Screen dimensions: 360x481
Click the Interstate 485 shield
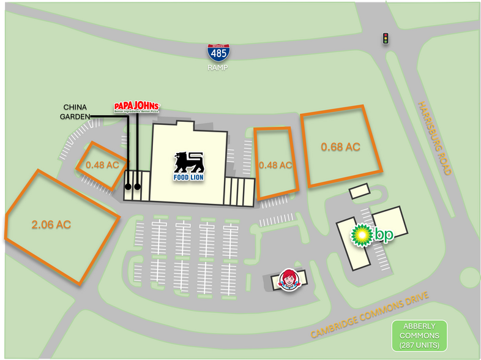pyautogui.click(x=218, y=53)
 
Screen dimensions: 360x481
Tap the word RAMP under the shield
pyautogui.click(x=217, y=68)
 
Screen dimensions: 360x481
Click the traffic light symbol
pyautogui.click(x=386, y=39)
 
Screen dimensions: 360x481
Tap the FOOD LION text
pyautogui.click(x=188, y=178)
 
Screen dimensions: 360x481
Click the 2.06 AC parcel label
pyautogui.click(x=51, y=225)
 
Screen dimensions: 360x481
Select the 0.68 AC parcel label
pyautogui.click(x=340, y=147)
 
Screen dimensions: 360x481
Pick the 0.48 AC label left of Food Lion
pyautogui.click(x=102, y=165)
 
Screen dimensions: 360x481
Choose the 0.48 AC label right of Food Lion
pyautogui.click(x=275, y=165)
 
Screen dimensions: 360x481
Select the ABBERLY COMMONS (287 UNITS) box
pyautogui.click(x=420, y=336)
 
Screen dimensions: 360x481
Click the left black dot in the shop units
pyautogui.click(x=129, y=187)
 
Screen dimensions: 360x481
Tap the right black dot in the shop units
pyautogui.click(x=138, y=187)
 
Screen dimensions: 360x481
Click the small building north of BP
pyautogui.click(x=359, y=192)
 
